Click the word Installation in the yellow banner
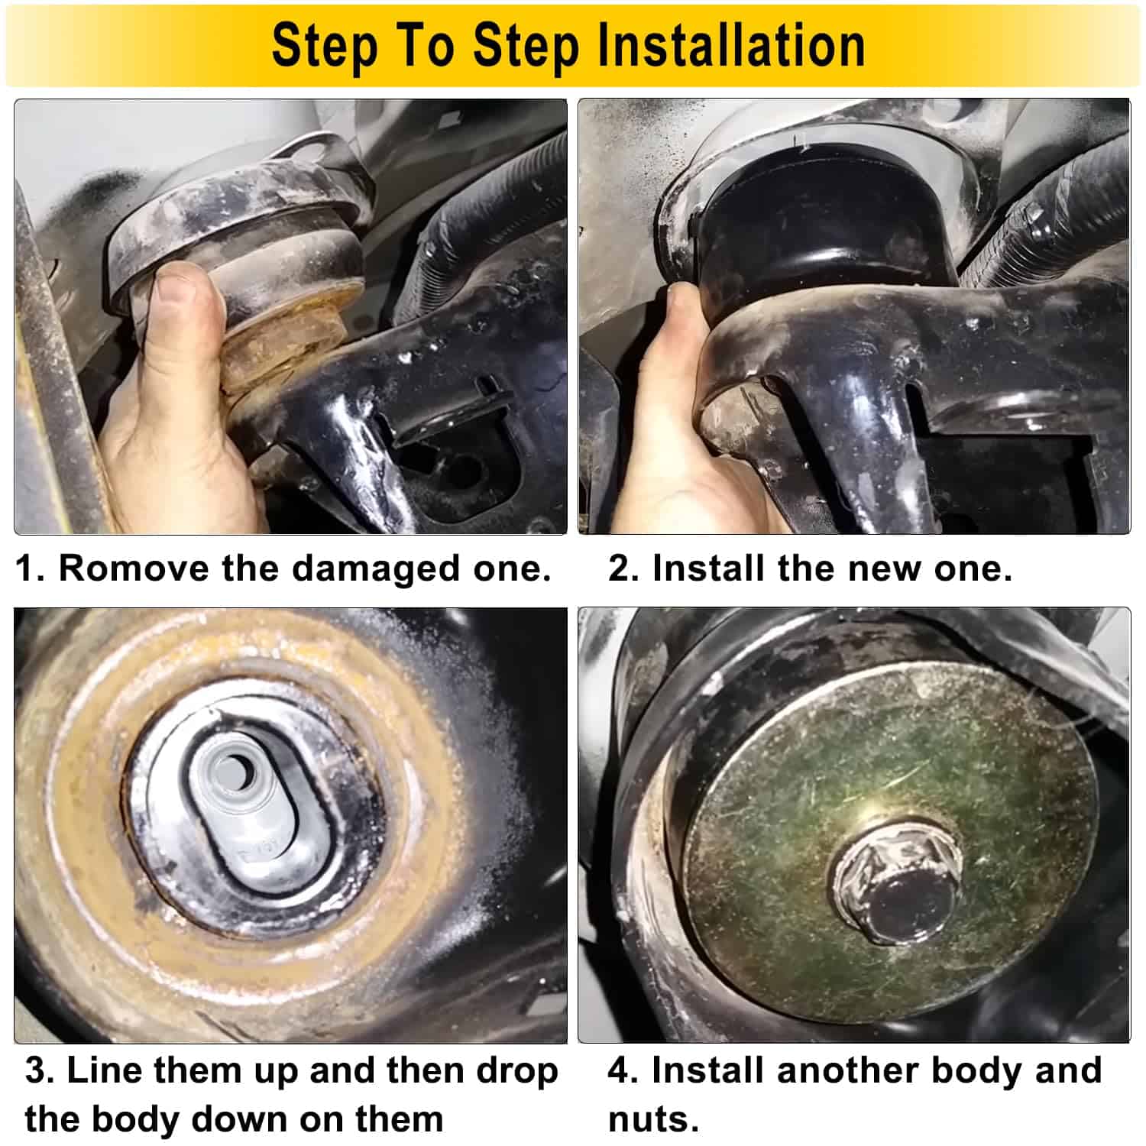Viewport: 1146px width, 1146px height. click(731, 46)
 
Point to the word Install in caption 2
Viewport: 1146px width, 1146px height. click(708, 568)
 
